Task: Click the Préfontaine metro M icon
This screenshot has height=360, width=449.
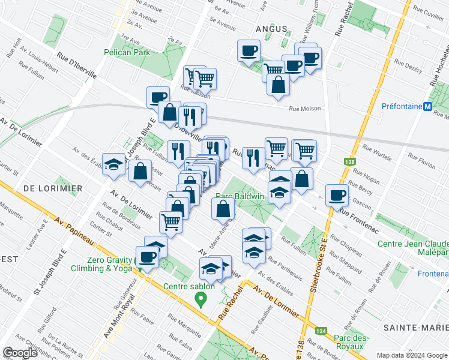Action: pos(427,107)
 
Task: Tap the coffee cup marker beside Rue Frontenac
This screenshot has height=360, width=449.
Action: pos(337,195)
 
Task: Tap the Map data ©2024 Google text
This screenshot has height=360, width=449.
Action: pos(411,355)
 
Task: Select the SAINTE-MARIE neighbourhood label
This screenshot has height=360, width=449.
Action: pos(419,327)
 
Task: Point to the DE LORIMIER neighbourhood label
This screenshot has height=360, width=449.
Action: pos(53,188)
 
